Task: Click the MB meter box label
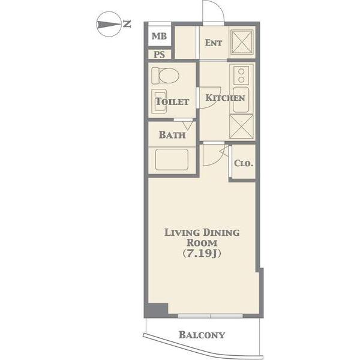(x=159, y=36)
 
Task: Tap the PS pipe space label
(x=159, y=55)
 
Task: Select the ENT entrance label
(x=213, y=43)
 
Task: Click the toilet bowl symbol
(x=166, y=76)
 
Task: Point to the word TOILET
(x=172, y=101)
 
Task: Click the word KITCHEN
(x=225, y=98)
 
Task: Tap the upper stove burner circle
(x=241, y=71)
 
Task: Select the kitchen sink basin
(x=241, y=100)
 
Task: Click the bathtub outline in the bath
(x=172, y=160)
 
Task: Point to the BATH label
(x=172, y=135)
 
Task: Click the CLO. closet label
(x=244, y=163)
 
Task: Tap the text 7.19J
(x=202, y=253)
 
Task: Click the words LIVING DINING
(x=202, y=233)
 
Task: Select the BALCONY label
(x=202, y=335)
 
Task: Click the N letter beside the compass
(x=127, y=24)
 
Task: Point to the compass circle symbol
(x=109, y=24)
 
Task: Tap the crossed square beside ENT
(x=242, y=43)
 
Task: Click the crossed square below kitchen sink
(x=241, y=127)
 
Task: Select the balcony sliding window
(x=211, y=316)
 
